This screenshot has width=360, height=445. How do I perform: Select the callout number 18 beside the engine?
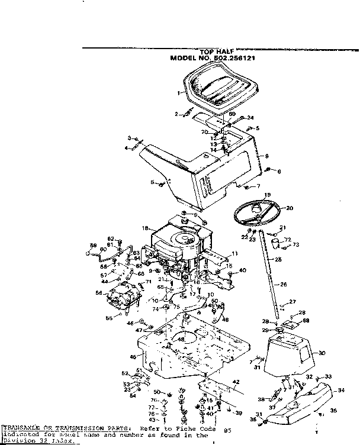[x=145, y=228]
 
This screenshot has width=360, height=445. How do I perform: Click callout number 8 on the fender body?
[x=267, y=156]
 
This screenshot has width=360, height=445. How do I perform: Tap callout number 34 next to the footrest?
[x=340, y=390]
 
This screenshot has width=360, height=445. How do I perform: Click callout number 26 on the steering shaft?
[x=284, y=285]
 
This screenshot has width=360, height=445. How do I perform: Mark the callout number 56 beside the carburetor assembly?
[x=98, y=292]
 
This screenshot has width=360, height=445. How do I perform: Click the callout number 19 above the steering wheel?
[x=268, y=195]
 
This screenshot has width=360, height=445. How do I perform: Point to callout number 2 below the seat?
[x=176, y=114]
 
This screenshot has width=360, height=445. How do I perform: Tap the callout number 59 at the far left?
[x=92, y=245]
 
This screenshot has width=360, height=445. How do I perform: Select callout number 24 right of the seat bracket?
[x=250, y=117]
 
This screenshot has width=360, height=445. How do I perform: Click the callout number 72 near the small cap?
[x=288, y=240]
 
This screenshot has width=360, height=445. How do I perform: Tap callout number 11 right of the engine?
[x=234, y=253]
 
